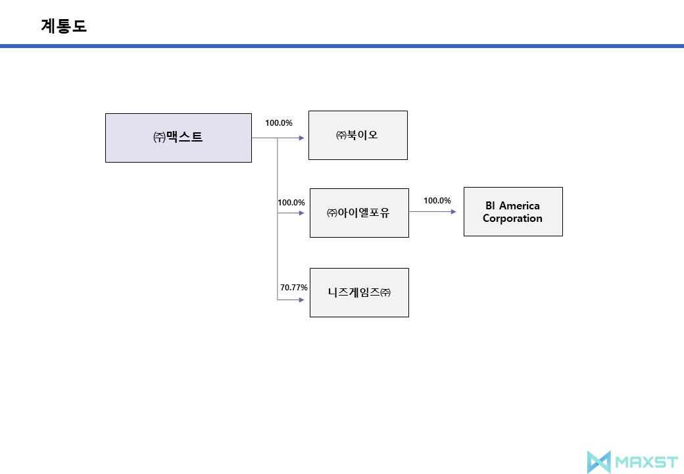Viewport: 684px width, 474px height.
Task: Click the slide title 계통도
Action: tap(64, 26)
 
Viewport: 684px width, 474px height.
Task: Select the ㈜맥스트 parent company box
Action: tap(178, 138)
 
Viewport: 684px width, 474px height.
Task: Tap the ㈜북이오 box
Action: tap(358, 135)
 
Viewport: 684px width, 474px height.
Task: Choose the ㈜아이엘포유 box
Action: tap(358, 213)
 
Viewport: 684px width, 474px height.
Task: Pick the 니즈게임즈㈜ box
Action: tap(359, 292)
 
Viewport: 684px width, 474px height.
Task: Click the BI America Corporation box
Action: tap(513, 211)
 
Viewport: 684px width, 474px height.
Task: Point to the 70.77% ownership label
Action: tap(294, 288)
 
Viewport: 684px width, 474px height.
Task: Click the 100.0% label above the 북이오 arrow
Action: tap(279, 123)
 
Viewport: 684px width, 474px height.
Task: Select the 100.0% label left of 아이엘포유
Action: tap(291, 203)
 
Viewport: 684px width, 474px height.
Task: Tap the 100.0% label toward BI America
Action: tap(437, 201)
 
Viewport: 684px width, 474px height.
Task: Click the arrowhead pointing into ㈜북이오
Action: tap(303, 138)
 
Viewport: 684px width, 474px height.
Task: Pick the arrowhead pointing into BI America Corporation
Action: tap(453, 212)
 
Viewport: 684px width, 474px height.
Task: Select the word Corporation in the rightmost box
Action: tap(512, 219)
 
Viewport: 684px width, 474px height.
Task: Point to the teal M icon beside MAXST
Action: tap(598, 461)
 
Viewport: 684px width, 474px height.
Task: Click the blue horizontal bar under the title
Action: tap(342, 46)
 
